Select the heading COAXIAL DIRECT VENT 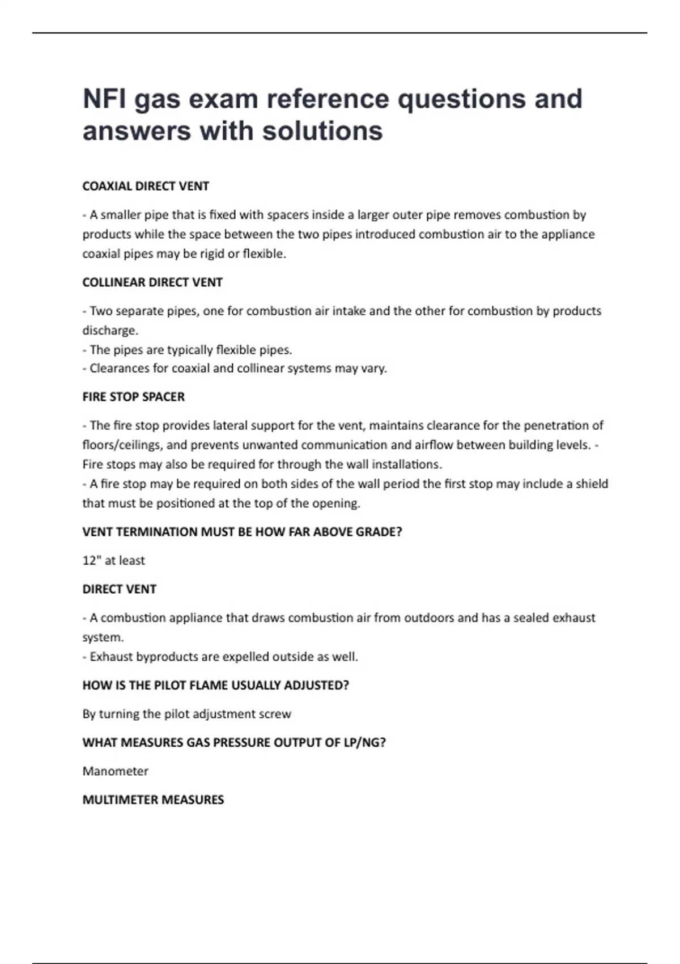(146, 186)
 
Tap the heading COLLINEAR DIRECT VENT (152, 282)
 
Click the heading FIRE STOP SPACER (134, 397)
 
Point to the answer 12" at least (114, 561)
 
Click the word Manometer (116, 771)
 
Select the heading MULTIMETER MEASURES (153, 800)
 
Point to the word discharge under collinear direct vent (109, 331)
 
